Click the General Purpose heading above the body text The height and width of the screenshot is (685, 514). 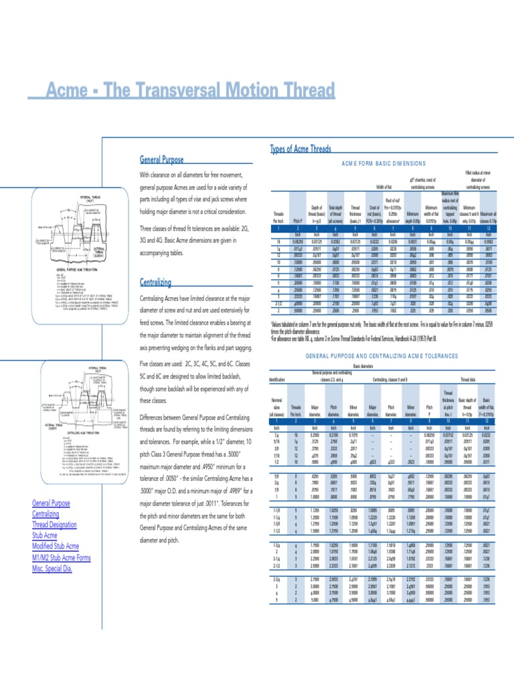(x=163, y=160)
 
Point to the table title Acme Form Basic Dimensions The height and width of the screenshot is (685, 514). (x=383, y=163)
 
